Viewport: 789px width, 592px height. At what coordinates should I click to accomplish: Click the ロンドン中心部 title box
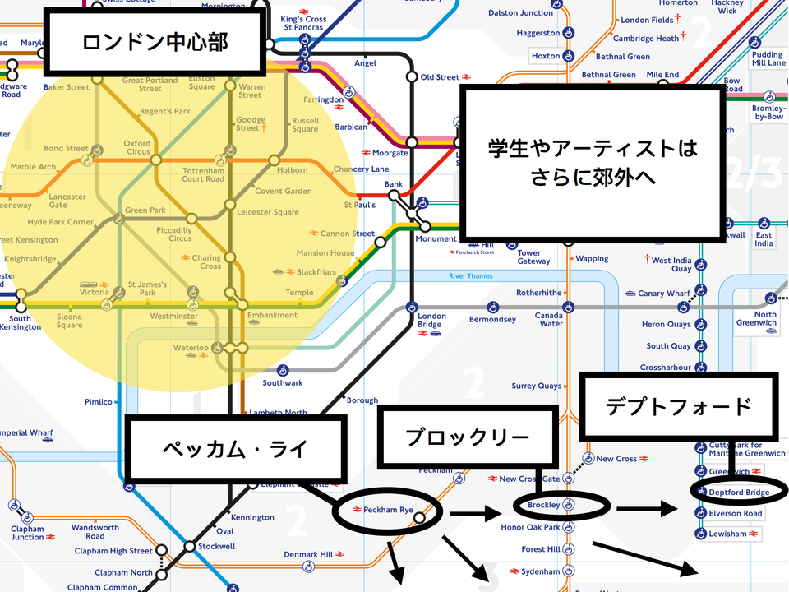pos(155,41)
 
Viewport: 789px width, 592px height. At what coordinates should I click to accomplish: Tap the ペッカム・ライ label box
pos(234,449)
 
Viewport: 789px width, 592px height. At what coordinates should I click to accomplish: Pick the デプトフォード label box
pos(678,406)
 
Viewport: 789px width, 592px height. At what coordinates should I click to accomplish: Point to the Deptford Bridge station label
pos(740,492)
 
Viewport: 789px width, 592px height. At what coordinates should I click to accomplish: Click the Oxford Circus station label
pos(136,147)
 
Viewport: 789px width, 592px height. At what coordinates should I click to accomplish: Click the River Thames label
pos(470,276)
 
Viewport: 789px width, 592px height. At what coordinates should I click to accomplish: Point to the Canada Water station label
pos(549,319)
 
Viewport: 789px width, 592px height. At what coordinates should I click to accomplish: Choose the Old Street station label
pos(440,77)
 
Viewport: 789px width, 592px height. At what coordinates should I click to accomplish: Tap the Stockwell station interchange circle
pos(190,546)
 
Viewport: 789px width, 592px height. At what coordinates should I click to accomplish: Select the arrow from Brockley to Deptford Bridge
pos(648,508)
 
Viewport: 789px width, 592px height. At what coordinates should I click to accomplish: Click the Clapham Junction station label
pos(28,533)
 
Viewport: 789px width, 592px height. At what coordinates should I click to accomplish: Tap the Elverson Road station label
pos(736,513)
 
